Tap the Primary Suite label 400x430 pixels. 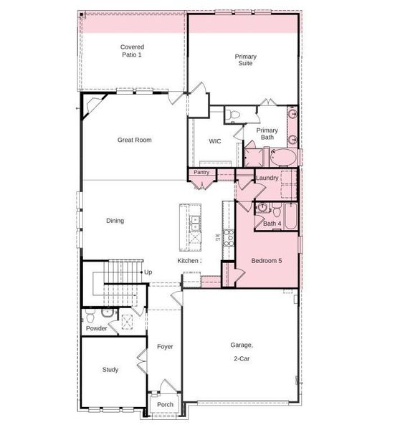(246, 59)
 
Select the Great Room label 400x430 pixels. (134, 140)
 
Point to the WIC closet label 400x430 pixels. (215, 142)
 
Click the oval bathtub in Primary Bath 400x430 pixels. (281, 158)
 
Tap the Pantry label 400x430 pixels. (201, 173)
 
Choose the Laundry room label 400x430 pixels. (266, 178)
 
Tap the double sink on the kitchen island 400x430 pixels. (194, 229)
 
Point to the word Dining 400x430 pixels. (115, 221)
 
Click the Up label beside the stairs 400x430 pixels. (148, 272)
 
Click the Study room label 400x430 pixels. (110, 370)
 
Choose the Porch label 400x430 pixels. (166, 404)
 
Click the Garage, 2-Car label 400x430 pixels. (240, 350)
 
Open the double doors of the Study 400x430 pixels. (142, 365)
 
